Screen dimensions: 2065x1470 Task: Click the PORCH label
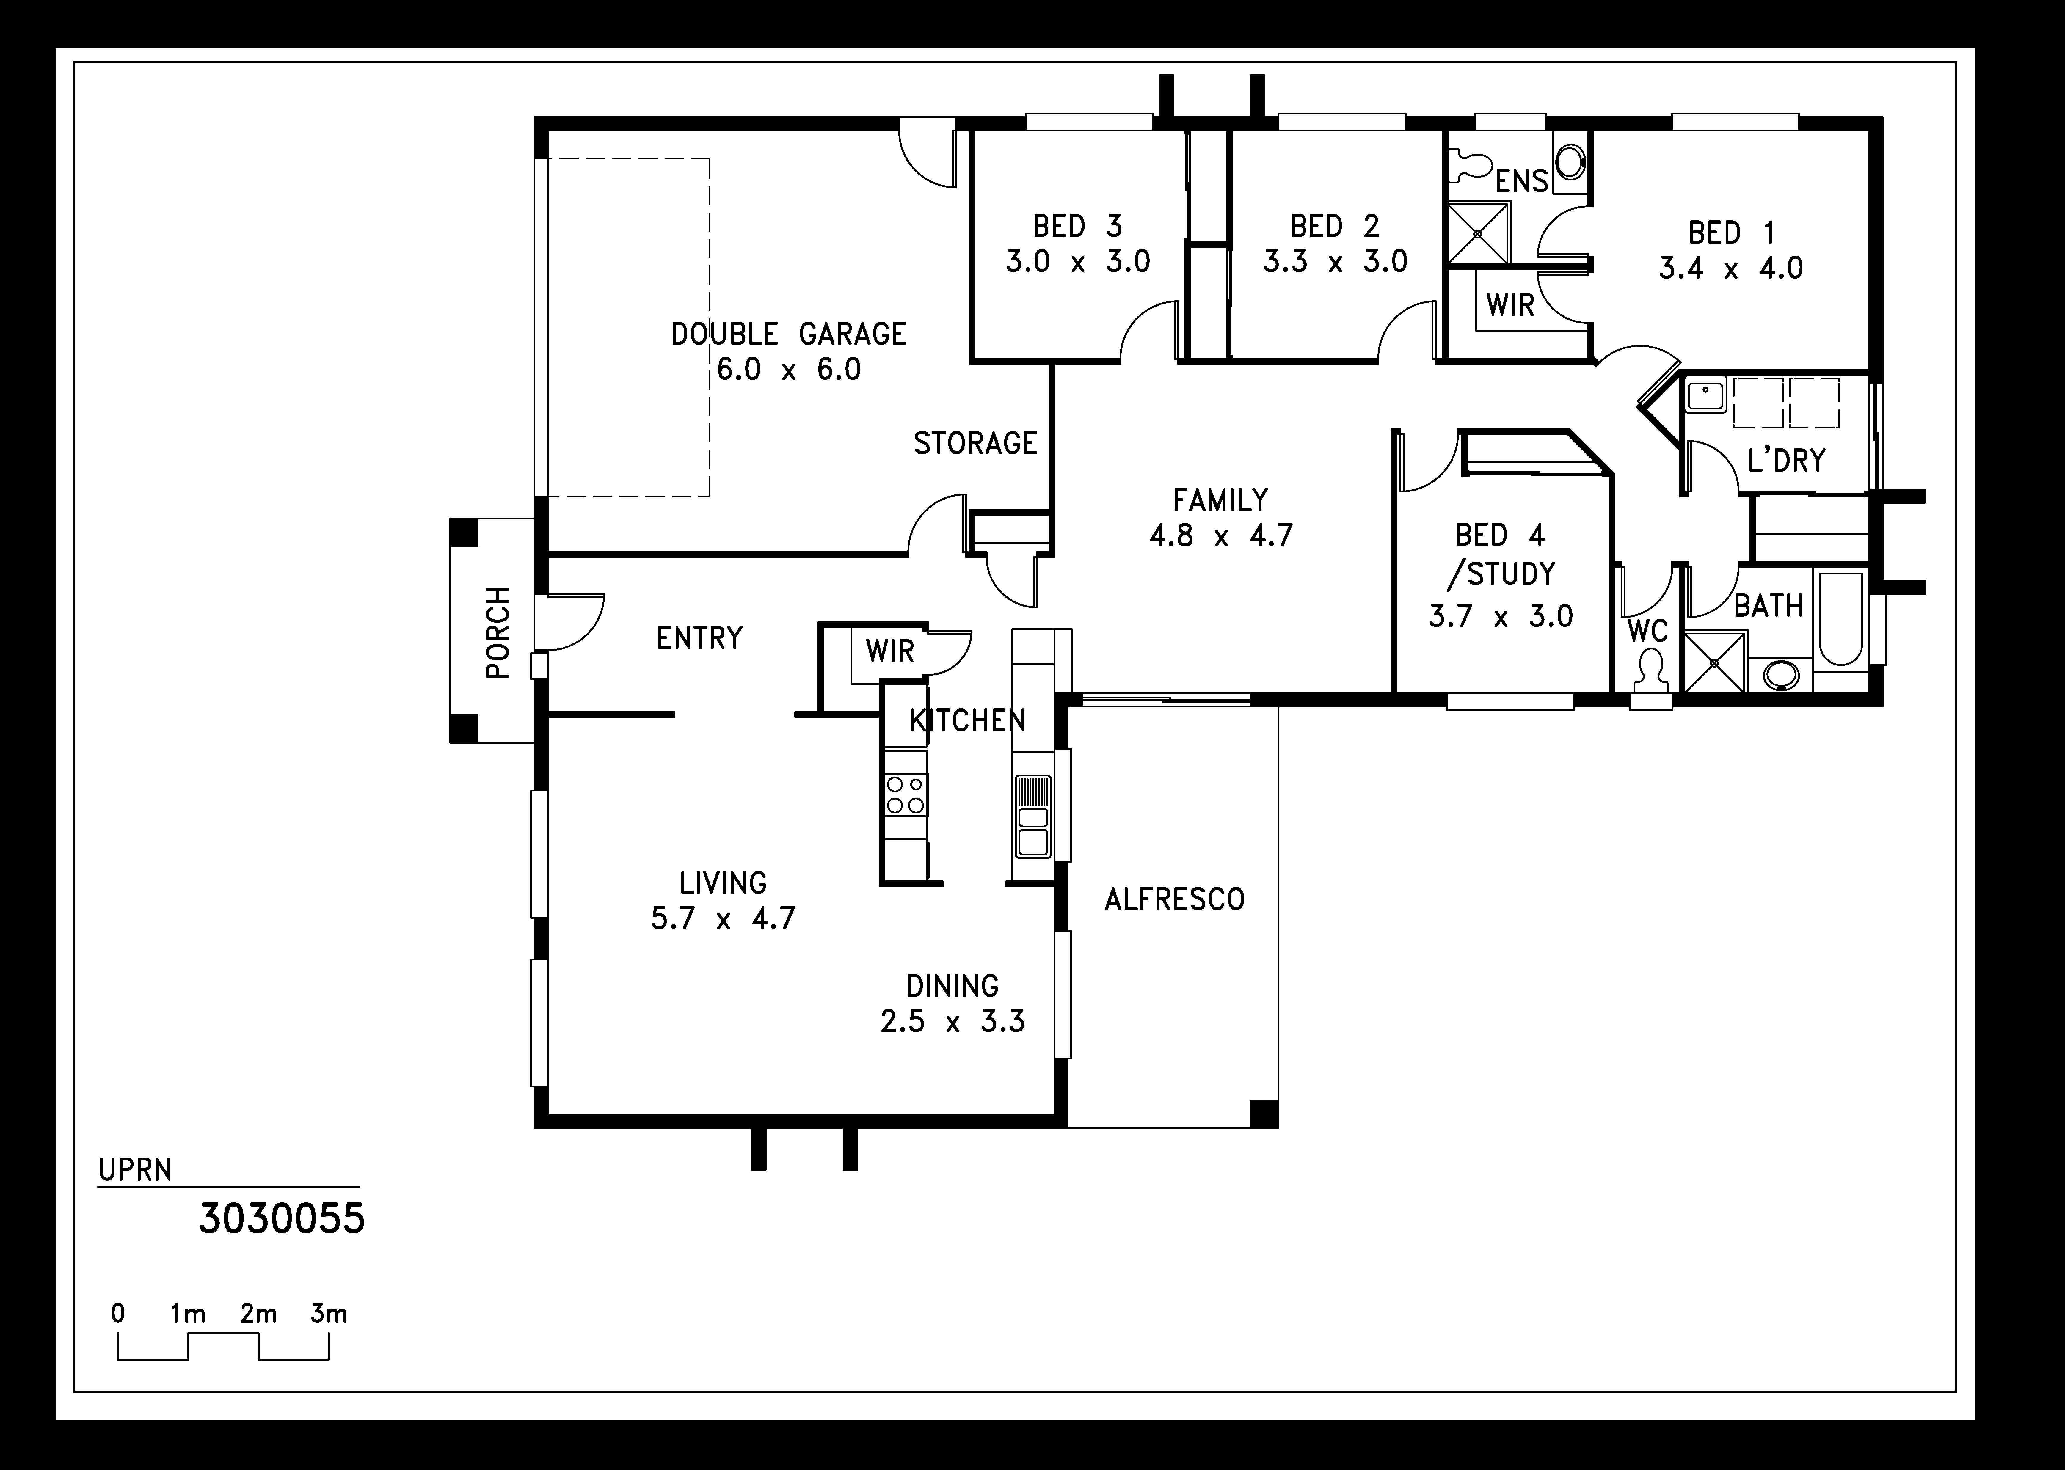point(498,632)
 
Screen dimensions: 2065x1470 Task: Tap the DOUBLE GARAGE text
point(789,334)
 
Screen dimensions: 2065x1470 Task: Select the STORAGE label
point(975,444)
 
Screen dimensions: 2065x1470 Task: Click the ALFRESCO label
point(1174,899)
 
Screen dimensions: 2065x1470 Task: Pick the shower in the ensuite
point(1477,233)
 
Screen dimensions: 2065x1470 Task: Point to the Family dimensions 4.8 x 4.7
point(1220,536)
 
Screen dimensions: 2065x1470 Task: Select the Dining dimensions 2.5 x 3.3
point(953,1021)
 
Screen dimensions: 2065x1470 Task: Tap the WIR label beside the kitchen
point(890,651)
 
